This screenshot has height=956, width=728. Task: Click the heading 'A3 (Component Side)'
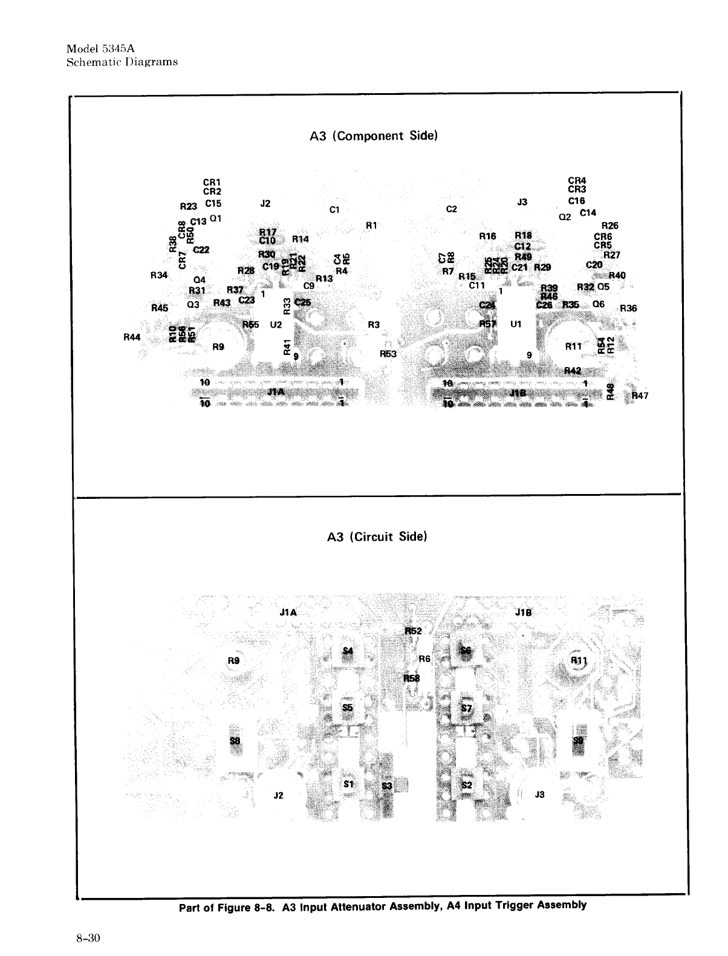tap(373, 135)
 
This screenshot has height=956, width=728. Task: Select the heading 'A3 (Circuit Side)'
tap(377, 536)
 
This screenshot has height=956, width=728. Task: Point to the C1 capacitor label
tap(335, 210)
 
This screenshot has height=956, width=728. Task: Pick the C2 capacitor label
tap(451, 209)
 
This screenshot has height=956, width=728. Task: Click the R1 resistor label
tap(372, 226)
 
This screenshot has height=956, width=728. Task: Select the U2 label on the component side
tap(276, 325)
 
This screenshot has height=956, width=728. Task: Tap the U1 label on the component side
tap(516, 324)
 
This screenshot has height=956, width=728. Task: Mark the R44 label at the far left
tap(131, 337)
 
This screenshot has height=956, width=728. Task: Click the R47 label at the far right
tap(640, 396)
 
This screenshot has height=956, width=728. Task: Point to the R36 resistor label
tap(629, 308)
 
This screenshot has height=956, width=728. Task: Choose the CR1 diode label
tap(212, 182)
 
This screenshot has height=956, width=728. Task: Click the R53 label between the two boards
tap(388, 354)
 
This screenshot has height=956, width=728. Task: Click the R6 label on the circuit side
tap(424, 658)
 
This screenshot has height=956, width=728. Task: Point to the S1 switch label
tap(348, 784)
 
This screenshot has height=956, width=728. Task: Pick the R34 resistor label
tap(158, 275)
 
